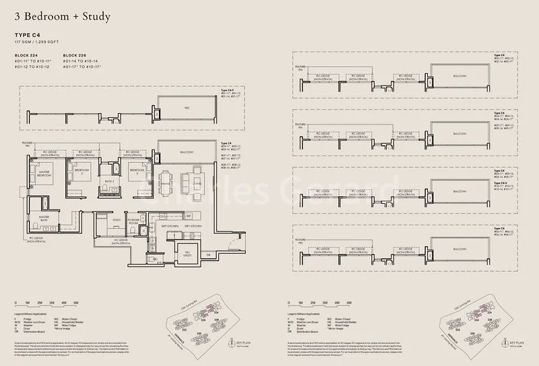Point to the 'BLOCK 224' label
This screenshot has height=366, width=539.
[28, 54]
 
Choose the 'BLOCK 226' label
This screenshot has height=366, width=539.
[75, 54]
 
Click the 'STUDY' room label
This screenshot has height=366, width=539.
[116, 220]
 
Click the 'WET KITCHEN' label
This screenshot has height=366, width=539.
[160, 226]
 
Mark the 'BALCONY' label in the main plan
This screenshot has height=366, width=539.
[187, 152]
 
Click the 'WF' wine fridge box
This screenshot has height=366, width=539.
[189, 215]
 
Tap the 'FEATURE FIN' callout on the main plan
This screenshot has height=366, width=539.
[26, 145]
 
